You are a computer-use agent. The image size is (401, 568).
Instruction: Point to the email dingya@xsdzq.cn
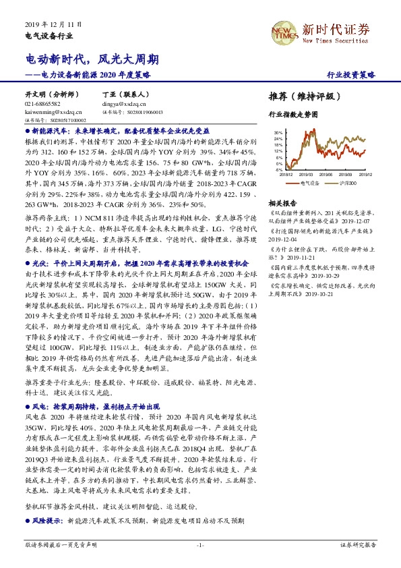pos(121,105)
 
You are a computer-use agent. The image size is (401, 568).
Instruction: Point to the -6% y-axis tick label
pos(278,171)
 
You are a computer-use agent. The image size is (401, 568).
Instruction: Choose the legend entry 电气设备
pos(310,183)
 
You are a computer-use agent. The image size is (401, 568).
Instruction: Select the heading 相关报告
pos(282,203)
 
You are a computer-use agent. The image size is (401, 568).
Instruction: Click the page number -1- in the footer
pos(199,544)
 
